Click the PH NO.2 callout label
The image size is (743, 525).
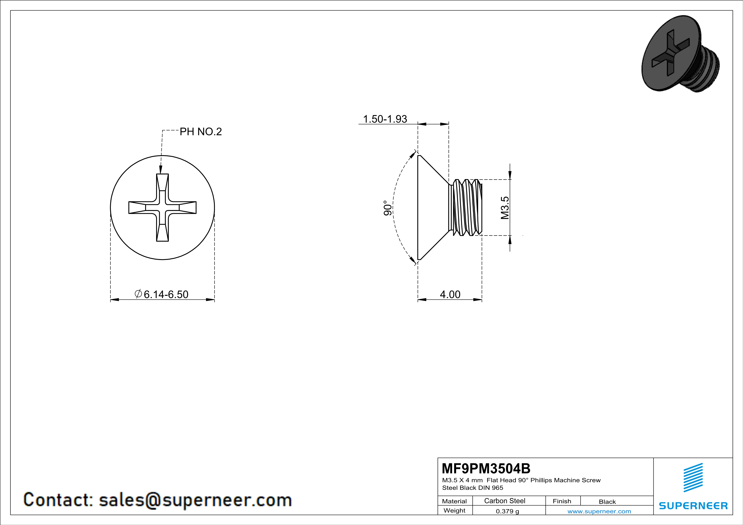point(201,132)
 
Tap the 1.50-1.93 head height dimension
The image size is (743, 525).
point(385,119)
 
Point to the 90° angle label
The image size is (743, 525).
point(388,208)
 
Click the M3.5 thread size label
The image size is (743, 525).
point(505,208)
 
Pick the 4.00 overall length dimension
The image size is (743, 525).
point(450,294)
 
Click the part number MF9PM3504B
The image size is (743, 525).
point(486,468)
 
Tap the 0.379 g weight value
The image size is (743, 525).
point(507,511)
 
